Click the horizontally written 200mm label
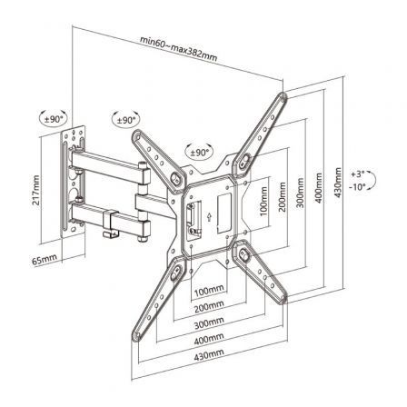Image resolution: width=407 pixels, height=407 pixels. [211, 306]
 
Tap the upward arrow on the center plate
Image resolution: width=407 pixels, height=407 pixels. [211, 216]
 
